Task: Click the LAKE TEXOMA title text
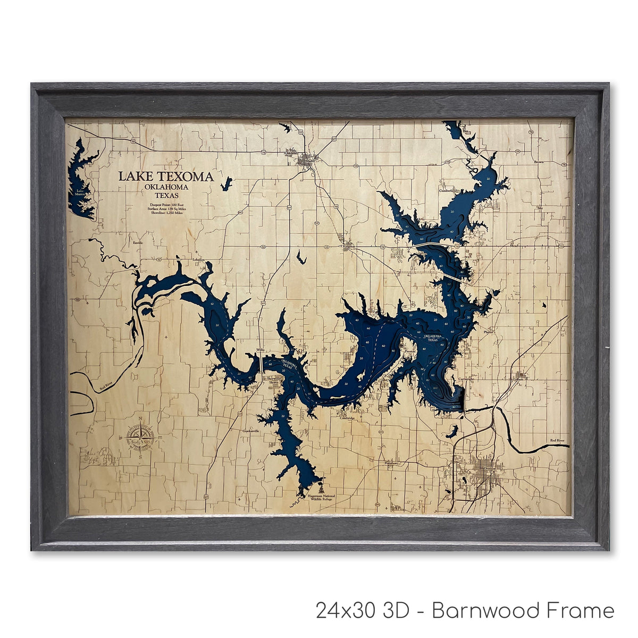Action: click(166, 177)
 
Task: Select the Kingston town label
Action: click(349, 246)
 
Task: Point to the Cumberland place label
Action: click(448, 190)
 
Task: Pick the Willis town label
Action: click(260, 349)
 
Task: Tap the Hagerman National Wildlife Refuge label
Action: click(321, 498)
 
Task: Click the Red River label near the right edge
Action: click(558, 440)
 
